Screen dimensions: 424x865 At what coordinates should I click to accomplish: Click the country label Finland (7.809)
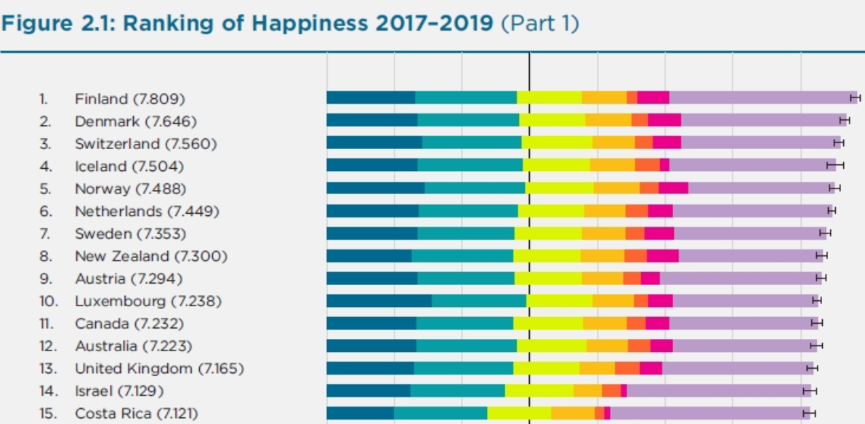click(129, 98)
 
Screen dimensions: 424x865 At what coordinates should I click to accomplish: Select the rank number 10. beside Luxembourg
click(48, 301)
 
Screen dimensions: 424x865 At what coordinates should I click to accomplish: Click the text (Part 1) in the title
click(541, 23)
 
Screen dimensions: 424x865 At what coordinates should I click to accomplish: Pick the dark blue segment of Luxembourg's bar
click(379, 300)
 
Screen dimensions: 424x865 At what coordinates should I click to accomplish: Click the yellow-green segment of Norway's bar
click(559, 188)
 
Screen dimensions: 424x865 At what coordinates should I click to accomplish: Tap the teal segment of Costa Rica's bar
click(440, 413)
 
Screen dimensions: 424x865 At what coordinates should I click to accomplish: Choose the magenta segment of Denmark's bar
click(664, 120)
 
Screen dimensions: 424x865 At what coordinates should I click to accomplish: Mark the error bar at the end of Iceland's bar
click(835, 165)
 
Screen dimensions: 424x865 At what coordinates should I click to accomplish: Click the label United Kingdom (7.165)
click(159, 369)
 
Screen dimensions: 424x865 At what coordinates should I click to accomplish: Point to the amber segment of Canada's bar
click(605, 323)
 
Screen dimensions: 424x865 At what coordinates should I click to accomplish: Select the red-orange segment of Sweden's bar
click(635, 233)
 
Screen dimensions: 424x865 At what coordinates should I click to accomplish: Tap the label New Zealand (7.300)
click(150, 256)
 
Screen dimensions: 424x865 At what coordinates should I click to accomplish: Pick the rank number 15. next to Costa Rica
click(48, 414)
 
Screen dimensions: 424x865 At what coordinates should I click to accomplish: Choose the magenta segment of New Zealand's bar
click(662, 255)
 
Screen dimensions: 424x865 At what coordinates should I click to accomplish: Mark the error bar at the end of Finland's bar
click(856, 97)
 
